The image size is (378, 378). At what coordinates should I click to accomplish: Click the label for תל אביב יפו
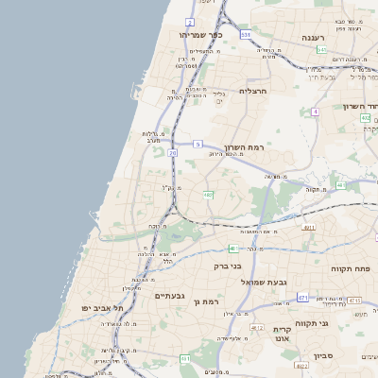85,308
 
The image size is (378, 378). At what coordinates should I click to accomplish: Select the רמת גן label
204,301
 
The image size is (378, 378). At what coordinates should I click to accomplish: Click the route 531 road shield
246,35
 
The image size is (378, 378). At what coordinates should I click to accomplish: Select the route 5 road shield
198,144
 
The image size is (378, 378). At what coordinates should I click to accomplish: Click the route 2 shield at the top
189,21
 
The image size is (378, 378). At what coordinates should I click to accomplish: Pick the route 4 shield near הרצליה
315,112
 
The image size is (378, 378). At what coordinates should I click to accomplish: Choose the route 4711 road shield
309,228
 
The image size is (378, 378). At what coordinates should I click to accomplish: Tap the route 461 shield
185,359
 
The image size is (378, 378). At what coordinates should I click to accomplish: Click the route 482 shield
207,195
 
